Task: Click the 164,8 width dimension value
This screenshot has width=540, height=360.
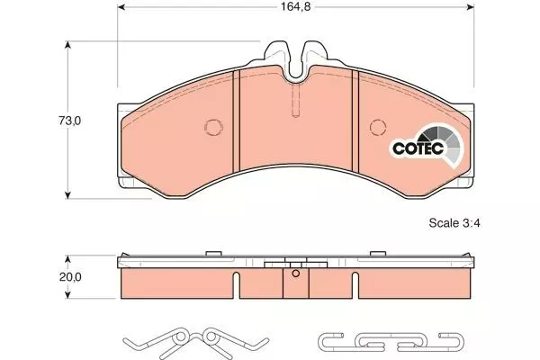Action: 295,7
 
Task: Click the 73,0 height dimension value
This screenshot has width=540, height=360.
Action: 69,121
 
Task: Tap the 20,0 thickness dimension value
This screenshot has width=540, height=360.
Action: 70,277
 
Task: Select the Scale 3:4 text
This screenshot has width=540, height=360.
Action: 454,223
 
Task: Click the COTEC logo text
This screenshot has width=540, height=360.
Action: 418,148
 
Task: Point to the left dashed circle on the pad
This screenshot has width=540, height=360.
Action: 213,128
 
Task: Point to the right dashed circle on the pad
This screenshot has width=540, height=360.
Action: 378,128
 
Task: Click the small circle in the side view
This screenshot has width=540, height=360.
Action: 295,274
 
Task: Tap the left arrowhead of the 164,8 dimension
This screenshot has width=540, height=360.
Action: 121,7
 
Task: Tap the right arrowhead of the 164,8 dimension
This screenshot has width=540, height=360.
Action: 471,7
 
